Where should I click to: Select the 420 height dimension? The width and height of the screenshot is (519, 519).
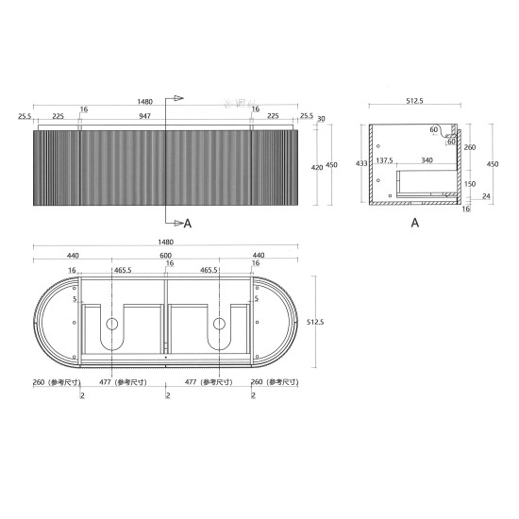pos(317,166)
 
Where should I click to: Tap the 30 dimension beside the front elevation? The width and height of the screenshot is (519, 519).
pos(321,119)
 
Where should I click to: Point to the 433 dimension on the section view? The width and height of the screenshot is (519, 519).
pos(361,163)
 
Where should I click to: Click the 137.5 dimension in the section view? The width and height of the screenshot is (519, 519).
pos(385,161)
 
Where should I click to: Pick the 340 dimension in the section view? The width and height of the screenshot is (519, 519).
pos(427,161)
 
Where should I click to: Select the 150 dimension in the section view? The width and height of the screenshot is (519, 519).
pos(468,183)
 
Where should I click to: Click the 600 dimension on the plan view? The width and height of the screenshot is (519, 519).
pos(165,256)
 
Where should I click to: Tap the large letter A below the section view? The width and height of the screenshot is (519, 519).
pos(414,224)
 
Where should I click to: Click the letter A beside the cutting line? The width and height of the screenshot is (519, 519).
pos(187,224)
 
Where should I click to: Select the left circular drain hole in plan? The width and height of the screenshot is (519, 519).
pos(111,325)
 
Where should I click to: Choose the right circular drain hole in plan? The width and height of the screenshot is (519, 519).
pos(220,325)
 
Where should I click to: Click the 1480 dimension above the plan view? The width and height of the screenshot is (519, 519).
pos(166,242)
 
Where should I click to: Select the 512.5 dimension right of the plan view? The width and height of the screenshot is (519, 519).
pos(315,321)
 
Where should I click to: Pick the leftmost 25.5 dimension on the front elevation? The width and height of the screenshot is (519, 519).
pos(24,118)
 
